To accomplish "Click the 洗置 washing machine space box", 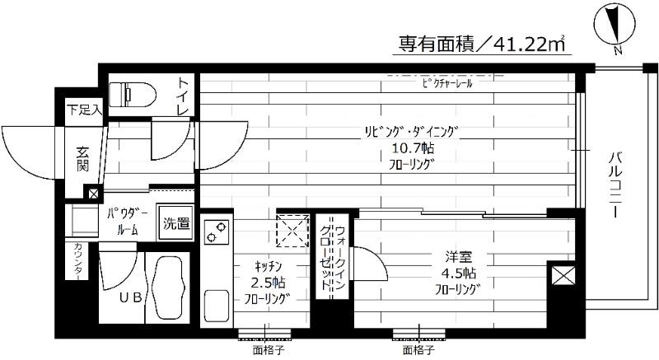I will click(175, 222).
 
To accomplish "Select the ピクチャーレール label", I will click(446, 84).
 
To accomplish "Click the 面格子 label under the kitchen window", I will click(264, 349).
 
